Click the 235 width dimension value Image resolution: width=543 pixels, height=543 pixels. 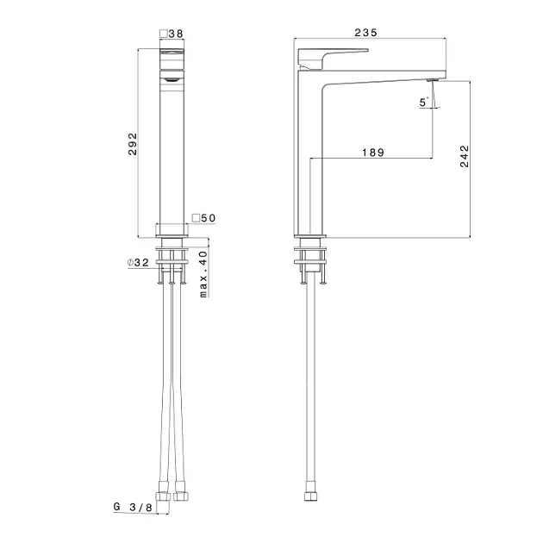[x=365, y=33]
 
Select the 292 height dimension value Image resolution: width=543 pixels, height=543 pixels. [x=133, y=144]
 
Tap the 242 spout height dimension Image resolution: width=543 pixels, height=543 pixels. [x=465, y=156]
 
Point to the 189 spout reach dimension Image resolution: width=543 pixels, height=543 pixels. [x=373, y=153]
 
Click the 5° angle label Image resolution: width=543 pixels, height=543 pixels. [x=424, y=103]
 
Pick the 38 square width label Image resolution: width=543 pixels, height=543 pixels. [x=171, y=34]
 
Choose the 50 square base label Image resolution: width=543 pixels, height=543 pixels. [x=203, y=218]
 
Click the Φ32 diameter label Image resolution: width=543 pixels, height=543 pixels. [x=138, y=263]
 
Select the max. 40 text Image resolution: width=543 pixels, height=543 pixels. [x=203, y=274]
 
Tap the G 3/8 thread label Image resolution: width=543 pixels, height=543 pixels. [x=133, y=507]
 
